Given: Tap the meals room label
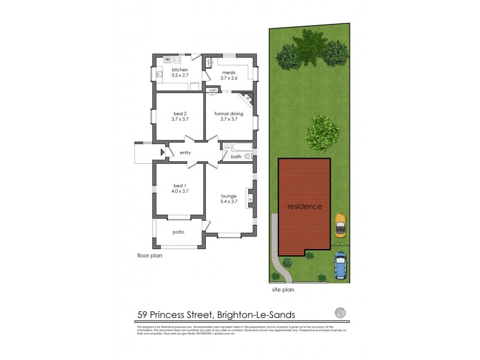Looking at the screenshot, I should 229,72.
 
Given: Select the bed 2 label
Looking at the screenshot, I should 180,113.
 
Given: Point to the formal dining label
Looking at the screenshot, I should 229,113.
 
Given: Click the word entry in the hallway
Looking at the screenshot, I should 185,153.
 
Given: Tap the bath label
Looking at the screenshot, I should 236,157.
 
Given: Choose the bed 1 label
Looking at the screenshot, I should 180,185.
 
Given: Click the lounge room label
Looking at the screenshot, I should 229,196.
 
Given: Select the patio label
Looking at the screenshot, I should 178,232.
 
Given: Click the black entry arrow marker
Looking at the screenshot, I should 162,153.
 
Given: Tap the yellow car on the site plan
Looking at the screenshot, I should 340,227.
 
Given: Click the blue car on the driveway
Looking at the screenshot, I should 340,265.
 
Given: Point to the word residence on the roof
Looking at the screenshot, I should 304,206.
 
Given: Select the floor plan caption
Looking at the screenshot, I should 149,255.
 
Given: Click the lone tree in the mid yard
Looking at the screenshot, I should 323,133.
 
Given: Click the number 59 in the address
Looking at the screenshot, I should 144,314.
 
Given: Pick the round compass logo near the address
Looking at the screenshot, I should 340,313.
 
